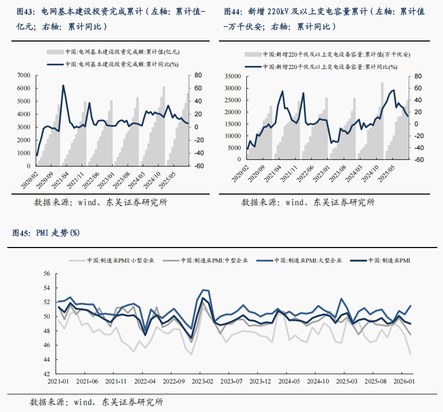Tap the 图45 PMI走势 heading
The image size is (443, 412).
(46, 232)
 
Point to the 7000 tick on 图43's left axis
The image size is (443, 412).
(24, 75)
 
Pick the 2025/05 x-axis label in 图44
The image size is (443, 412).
(389, 176)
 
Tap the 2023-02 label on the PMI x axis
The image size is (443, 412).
(202, 381)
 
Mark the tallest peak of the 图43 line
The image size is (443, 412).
(63, 86)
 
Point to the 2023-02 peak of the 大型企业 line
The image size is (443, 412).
(203, 290)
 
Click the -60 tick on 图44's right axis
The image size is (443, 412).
(419, 160)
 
